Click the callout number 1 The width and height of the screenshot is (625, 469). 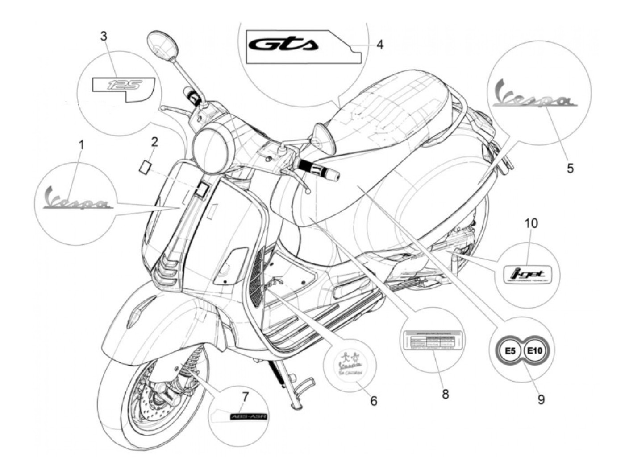pyautogui.click(x=81, y=144)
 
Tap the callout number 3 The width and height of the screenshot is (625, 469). pyautogui.click(x=104, y=36)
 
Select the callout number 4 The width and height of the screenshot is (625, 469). pyautogui.click(x=379, y=45)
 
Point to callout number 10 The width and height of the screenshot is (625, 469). pyautogui.click(x=531, y=223)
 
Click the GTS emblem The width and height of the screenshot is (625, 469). pyautogui.click(x=283, y=44)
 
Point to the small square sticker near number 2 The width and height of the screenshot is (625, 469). pyautogui.click(x=145, y=166)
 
